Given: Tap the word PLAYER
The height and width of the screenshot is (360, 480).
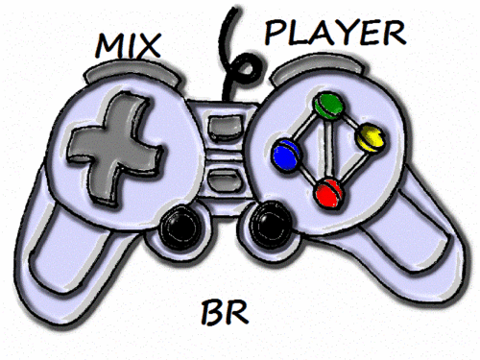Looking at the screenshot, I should pos(331,35).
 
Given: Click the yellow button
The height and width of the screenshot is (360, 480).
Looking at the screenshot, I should pos(370,140).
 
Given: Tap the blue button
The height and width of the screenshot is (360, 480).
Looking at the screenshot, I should pos(284,152).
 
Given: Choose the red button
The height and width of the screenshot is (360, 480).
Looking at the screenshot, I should pos(330,192).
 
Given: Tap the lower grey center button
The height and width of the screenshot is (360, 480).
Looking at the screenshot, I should pos(224,180).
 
